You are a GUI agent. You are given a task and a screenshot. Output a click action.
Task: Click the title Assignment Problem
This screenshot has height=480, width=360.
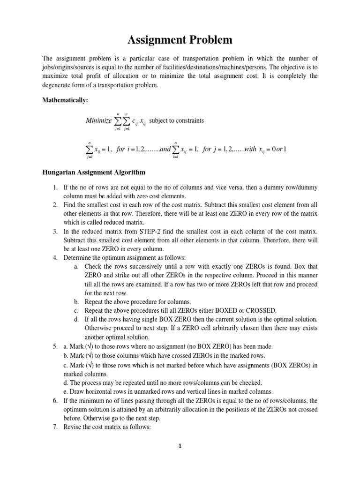pyautogui.click(x=180, y=40)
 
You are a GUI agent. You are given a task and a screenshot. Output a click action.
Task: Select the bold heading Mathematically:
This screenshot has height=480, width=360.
pyautogui.click(x=63, y=99)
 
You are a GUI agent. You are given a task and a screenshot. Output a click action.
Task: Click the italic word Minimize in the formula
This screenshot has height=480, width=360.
pyautogui.click(x=99, y=120)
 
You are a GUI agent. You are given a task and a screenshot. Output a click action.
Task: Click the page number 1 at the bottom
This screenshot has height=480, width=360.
pyautogui.click(x=179, y=446)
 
